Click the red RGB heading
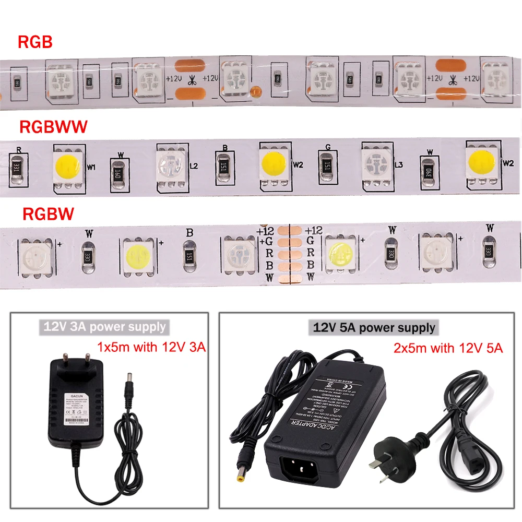pos(35,42)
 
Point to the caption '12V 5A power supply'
pos(374,328)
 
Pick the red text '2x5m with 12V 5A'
pos(447,348)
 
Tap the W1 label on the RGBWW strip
pos(92,168)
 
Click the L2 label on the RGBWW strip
pos(194,166)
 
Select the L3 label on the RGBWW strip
pos(398,165)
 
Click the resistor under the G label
pos(327,164)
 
